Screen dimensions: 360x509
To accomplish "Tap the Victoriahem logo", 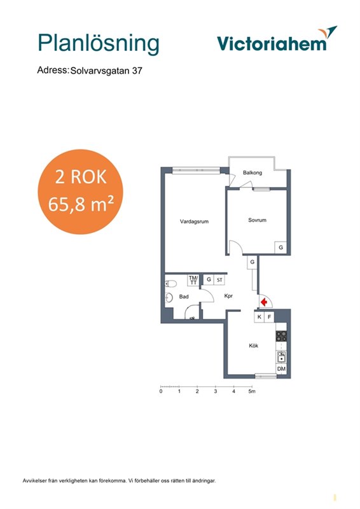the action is click(x=277, y=40).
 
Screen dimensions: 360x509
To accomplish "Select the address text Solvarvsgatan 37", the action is click(x=106, y=71).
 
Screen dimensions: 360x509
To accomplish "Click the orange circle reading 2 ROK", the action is click(x=81, y=192).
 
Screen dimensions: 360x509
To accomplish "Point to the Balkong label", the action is click(x=253, y=172).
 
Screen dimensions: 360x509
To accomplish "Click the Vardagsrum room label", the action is click(x=194, y=221).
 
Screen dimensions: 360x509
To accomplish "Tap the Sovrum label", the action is click(x=257, y=220).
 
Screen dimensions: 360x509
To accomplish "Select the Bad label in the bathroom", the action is click(x=184, y=296).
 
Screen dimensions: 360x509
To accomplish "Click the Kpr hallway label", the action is click(x=228, y=296).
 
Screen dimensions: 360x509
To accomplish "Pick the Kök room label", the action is click(x=254, y=345).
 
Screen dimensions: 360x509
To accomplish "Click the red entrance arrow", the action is click(x=264, y=302).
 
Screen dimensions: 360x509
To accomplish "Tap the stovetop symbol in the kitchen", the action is click(x=281, y=336).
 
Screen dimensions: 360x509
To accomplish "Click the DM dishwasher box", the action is click(x=281, y=369).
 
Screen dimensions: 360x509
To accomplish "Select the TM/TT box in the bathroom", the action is click(x=193, y=280).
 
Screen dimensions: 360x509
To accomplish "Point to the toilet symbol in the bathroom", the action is click(x=170, y=284).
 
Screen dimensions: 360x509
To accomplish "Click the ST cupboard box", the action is click(x=220, y=280).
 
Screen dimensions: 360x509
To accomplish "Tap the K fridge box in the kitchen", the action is click(x=259, y=317).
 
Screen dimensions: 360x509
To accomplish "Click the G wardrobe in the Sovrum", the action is click(x=280, y=248).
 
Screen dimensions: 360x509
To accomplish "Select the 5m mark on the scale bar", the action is click(x=252, y=391).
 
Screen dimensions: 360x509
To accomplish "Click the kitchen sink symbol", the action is click(x=281, y=357).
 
